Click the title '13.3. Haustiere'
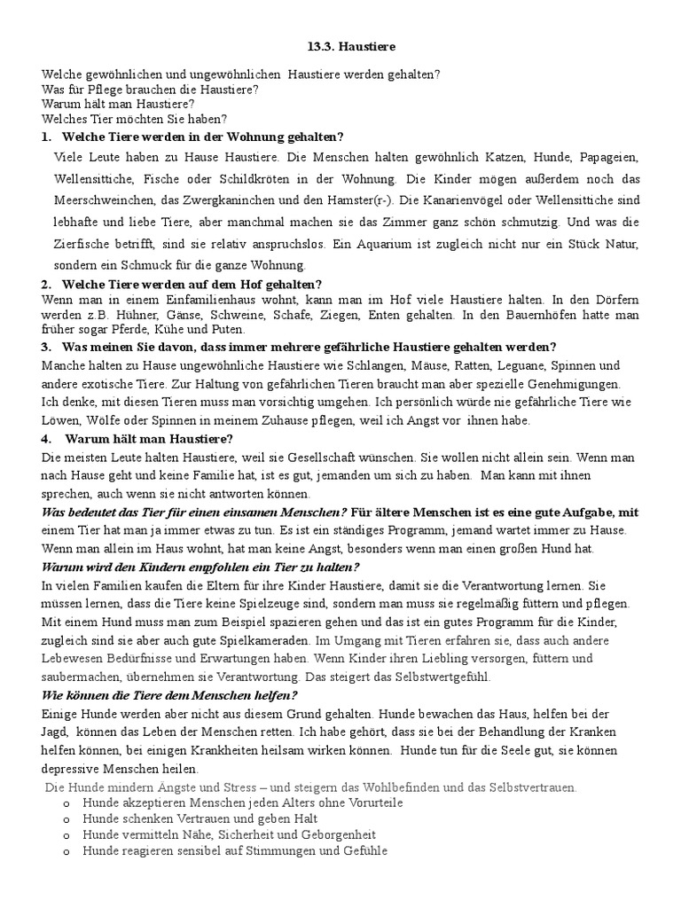340,46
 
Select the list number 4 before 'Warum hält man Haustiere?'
45,438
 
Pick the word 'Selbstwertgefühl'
440,677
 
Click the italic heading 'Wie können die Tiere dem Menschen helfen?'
169,695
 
